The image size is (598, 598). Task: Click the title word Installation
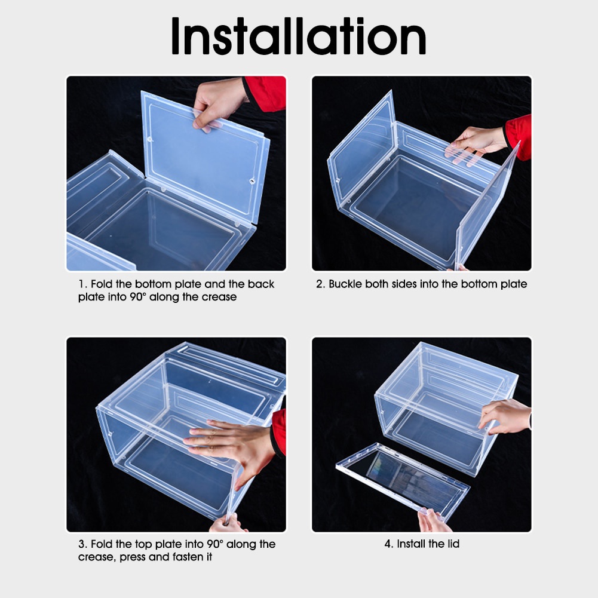(x=299, y=36)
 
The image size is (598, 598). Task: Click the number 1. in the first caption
(x=83, y=284)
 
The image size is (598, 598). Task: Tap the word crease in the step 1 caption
(x=219, y=297)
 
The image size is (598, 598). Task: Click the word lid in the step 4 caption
(x=453, y=544)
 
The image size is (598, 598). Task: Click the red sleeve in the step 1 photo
(x=264, y=93)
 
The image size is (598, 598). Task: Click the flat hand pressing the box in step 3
(x=232, y=447)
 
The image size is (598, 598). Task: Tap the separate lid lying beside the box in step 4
(x=403, y=480)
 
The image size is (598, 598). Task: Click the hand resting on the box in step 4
(x=504, y=416)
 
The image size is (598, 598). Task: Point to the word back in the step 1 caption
(x=261, y=284)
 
